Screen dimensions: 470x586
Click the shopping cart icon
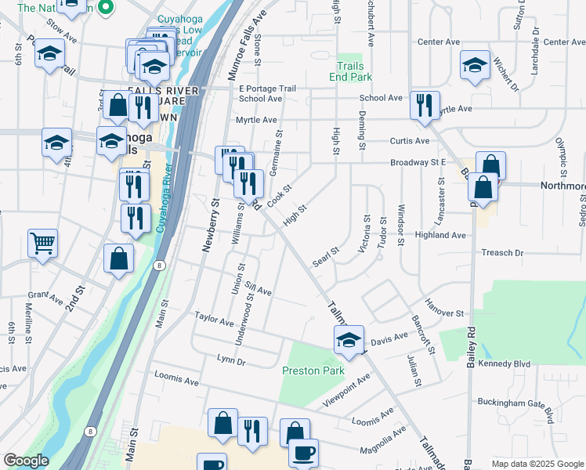pos(42,242)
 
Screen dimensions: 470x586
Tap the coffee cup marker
pos(303,453)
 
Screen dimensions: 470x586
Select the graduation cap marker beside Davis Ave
pos(349,339)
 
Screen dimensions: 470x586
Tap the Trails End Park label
pos(354,72)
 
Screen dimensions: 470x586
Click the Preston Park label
pos(313,371)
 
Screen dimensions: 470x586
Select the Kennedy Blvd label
pos(512,364)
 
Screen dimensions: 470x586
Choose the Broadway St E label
pos(418,163)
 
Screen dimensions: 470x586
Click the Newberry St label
pos(208,225)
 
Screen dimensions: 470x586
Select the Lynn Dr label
pos(231,361)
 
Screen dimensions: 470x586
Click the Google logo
pos(26,461)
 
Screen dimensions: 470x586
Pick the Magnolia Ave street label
pos(382,440)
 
